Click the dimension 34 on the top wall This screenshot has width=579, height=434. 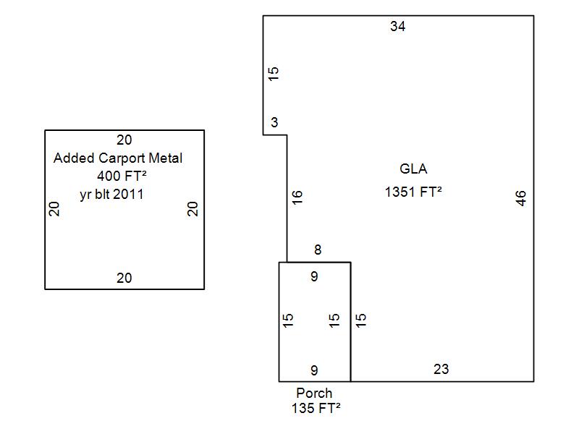[397, 27]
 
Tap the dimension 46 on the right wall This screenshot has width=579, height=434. [521, 198]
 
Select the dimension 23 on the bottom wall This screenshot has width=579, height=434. [441, 369]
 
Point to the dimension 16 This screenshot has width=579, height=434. [297, 196]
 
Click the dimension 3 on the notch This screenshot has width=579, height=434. [274, 123]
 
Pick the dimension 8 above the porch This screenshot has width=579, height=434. [317, 250]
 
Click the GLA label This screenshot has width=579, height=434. [413, 169]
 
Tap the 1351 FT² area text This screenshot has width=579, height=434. [413, 192]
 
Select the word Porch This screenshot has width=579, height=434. [314, 393]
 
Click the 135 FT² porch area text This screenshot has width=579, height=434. [316, 408]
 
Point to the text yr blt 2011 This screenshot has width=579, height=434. [111, 194]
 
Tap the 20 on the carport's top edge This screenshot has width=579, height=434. [124, 140]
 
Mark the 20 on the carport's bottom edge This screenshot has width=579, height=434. [124, 278]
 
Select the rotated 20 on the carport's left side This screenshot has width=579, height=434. [54, 209]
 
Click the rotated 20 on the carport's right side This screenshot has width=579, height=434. [193, 209]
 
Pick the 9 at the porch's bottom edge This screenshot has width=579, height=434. [314, 370]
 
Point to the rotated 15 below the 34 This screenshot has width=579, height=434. [274, 74]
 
